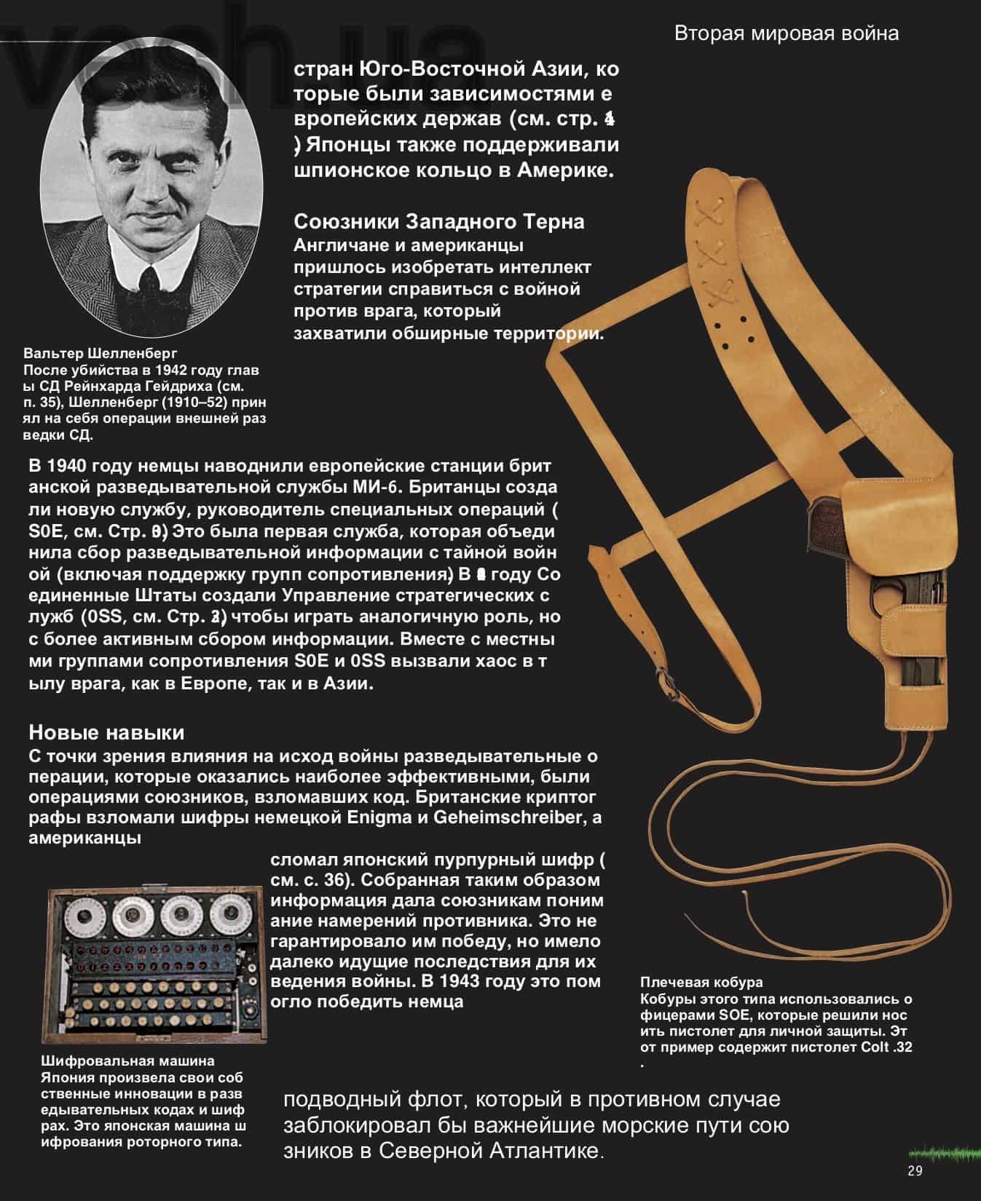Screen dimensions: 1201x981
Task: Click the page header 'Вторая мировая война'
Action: [x=786, y=33]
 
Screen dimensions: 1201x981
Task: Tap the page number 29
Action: [x=915, y=1171]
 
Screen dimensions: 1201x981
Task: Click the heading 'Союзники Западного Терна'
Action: [x=438, y=221]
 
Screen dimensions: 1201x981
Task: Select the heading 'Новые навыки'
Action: [x=106, y=732]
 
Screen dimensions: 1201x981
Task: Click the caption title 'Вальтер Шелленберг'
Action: [x=101, y=354]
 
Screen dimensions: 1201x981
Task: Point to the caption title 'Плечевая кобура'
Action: [x=701, y=983]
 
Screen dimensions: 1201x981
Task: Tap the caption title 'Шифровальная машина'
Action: [x=127, y=1061]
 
